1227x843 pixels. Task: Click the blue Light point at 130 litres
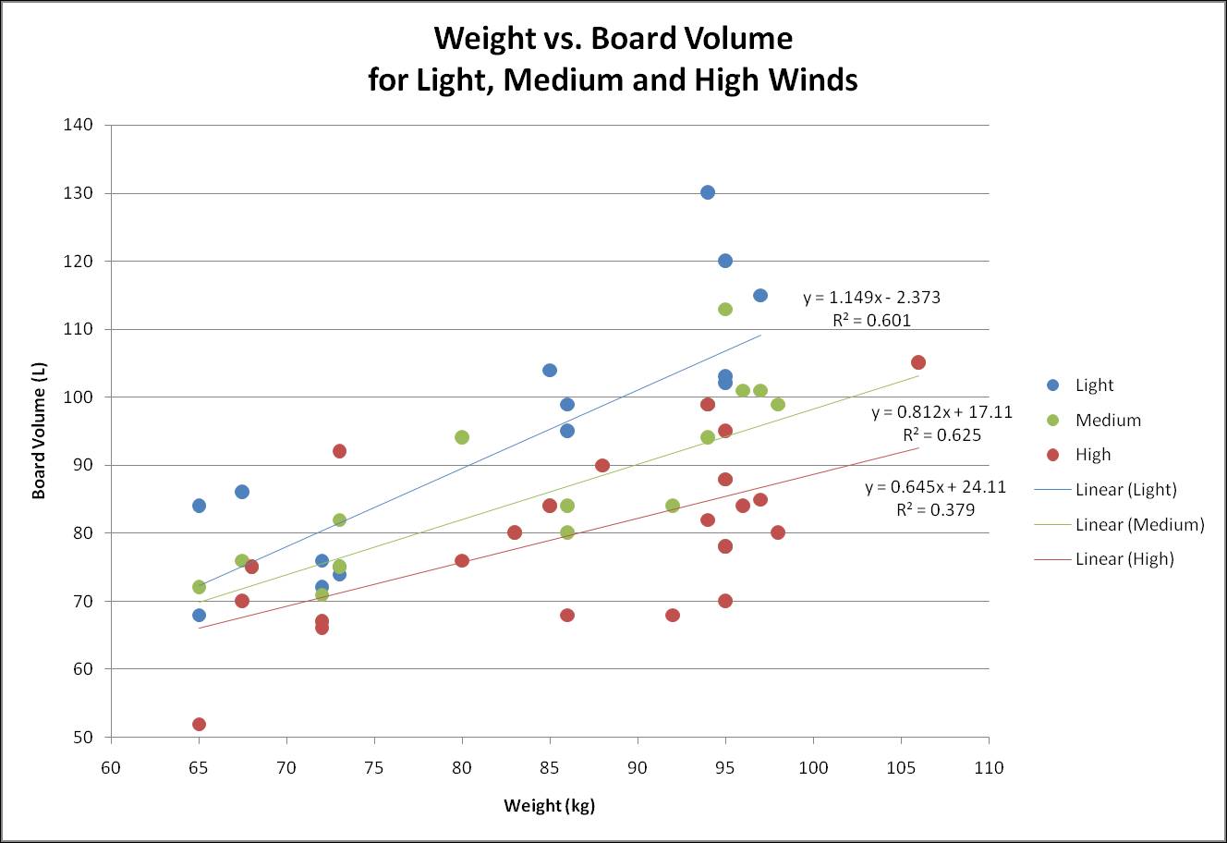[x=708, y=192]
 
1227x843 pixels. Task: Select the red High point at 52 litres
[x=199, y=724]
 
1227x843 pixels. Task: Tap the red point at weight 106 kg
[x=918, y=362]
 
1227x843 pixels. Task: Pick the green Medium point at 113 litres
[x=725, y=309]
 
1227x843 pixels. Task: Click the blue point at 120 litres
[x=725, y=261]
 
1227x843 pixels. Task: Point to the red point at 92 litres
[x=339, y=451]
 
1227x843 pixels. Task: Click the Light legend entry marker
[x=1051, y=385]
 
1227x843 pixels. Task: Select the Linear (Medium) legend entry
[x=1139, y=525]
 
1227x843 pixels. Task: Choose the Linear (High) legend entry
[x=1124, y=559]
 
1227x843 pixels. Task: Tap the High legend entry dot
[x=1051, y=454]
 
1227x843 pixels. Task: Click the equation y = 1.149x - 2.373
[x=871, y=298]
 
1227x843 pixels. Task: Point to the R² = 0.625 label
[x=942, y=435]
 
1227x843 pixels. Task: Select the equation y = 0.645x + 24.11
[x=935, y=487]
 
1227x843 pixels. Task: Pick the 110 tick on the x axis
[x=989, y=767]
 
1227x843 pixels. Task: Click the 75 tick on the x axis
[x=374, y=767]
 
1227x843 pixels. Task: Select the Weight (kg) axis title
[x=549, y=805]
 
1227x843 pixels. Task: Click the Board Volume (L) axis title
[x=39, y=431]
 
